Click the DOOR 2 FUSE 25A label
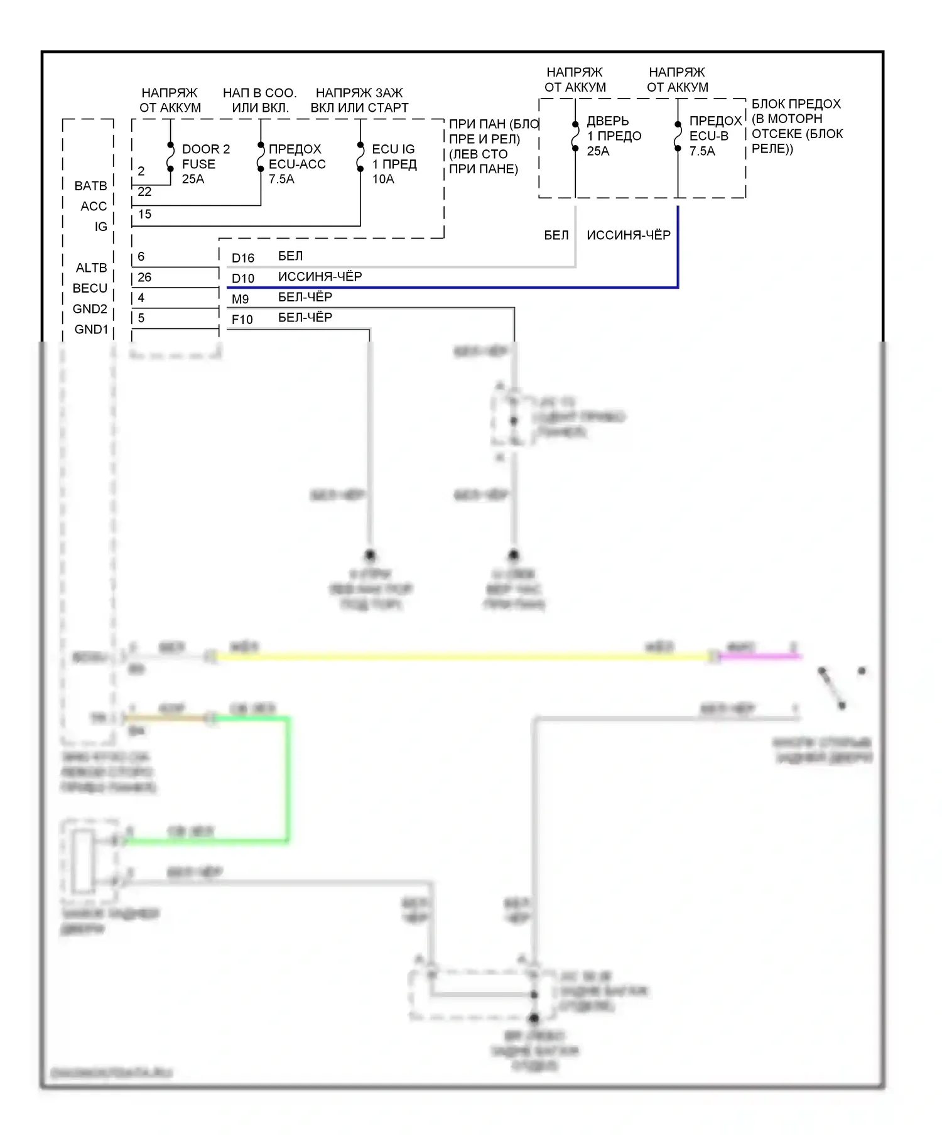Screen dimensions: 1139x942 pyautogui.click(x=205, y=164)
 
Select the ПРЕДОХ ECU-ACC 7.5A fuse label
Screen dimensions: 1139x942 pyautogui.click(x=296, y=164)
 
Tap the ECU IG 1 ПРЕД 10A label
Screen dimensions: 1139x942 pyautogui.click(x=393, y=164)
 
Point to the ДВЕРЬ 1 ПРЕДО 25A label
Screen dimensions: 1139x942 pyautogui.click(x=614, y=136)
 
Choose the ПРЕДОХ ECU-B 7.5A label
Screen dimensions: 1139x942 pyautogui.click(x=715, y=136)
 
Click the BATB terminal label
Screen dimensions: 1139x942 pyautogui.click(x=90, y=186)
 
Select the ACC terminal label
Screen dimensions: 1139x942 pyautogui.click(x=94, y=206)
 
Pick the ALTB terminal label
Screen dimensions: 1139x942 pyautogui.click(x=91, y=268)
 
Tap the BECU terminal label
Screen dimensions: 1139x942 pyautogui.click(x=90, y=288)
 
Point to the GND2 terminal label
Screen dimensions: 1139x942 pyautogui.click(x=90, y=309)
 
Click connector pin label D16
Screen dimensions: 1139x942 pyautogui.click(x=242, y=258)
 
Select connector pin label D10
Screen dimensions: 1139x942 pyautogui.click(x=242, y=279)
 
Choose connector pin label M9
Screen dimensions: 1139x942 pyautogui.click(x=240, y=300)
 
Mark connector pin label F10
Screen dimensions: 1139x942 pyautogui.click(x=242, y=320)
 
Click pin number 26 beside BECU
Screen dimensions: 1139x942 pyautogui.click(x=144, y=277)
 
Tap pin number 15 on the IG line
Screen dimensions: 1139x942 pyautogui.click(x=144, y=214)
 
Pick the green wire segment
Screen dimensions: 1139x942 pyautogui.click(x=288, y=779)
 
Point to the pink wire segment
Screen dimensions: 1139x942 pyautogui.click(x=760, y=656)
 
